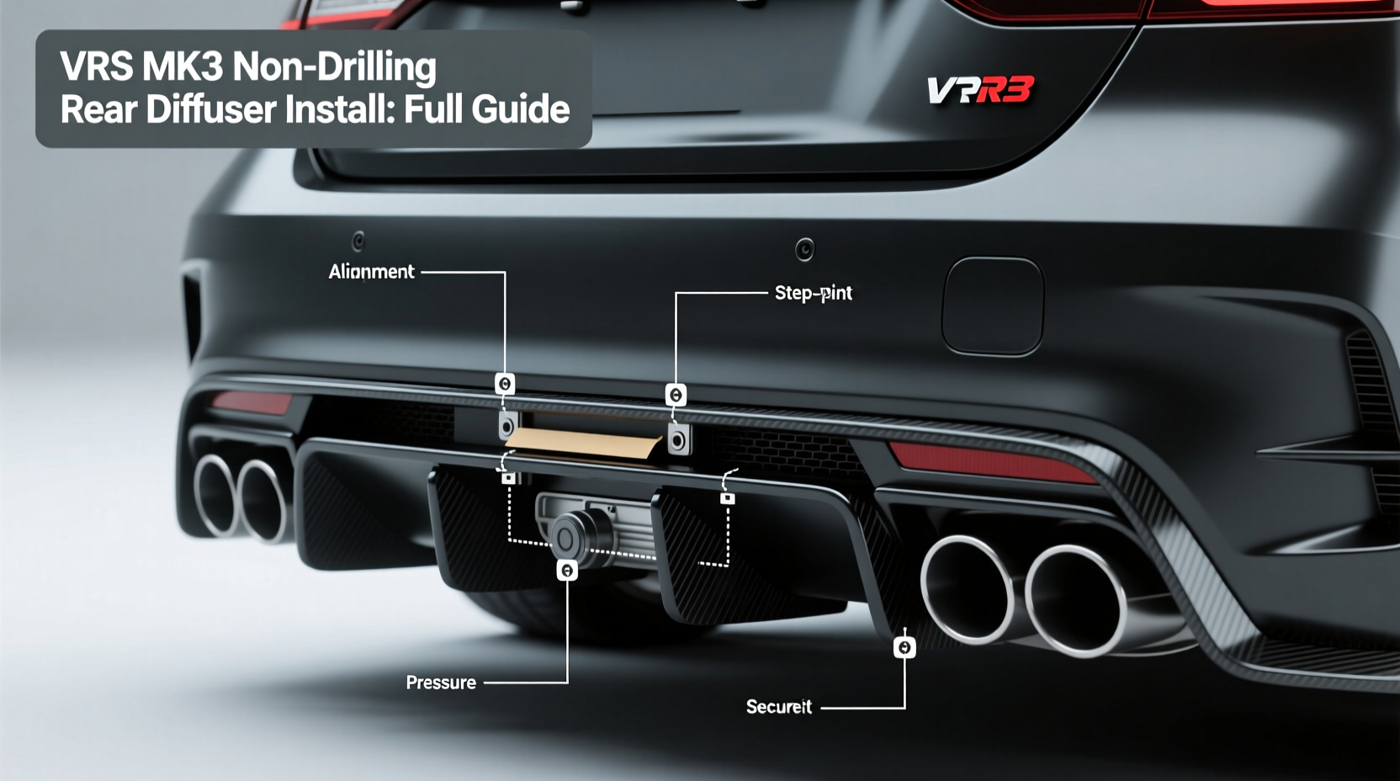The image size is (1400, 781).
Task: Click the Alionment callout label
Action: tap(371, 272)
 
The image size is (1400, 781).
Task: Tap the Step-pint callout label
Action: tap(813, 293)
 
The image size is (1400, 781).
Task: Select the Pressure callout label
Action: tap(441, 683)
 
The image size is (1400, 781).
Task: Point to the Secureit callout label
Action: tap(779, 707)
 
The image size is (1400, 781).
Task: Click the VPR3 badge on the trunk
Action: tap(979, 90)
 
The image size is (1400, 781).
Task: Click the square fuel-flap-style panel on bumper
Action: tap(993, 305)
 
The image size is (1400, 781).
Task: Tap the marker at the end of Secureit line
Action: tap(904, 647)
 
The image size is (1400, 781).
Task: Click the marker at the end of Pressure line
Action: tap(567, 571)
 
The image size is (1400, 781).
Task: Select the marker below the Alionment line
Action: tap(505, 385)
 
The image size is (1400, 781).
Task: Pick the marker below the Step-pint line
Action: tap(676, 395)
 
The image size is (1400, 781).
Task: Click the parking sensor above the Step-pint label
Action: tap(804, 249)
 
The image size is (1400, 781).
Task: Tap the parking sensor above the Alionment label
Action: tap(358, 242)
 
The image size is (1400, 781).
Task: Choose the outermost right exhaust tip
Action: tap(1075, 601)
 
